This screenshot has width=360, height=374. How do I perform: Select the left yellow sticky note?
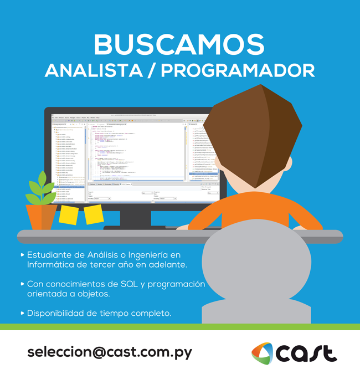[69, 213]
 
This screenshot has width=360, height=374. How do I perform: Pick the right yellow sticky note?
[94, 213]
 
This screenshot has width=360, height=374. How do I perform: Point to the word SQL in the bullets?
[131, 284]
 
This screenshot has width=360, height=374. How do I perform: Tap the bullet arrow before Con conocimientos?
[22, 284]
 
